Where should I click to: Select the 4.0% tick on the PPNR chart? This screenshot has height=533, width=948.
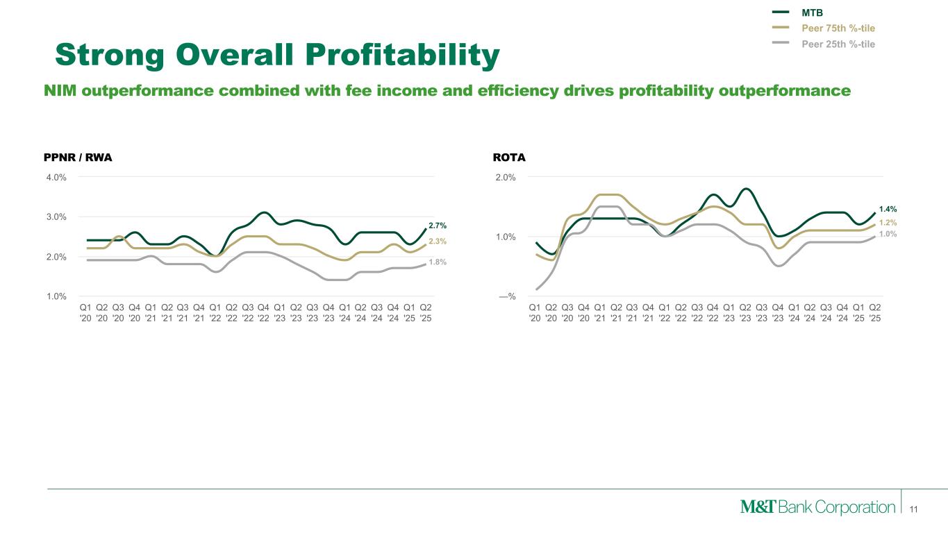click(x=56, y=177)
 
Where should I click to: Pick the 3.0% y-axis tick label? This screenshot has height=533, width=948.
click(x=56, y=217)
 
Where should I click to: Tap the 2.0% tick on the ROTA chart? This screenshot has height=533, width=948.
click(x=505, y=177)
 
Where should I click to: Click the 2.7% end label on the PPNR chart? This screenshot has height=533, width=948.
click(x=438, y=226)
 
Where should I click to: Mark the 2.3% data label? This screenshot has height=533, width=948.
click(x=438, y=242)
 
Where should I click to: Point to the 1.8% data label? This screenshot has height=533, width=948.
click(x=438, y=262)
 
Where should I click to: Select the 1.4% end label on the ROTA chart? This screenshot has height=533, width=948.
click(x=888, y=208)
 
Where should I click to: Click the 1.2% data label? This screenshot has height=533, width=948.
click(x=888, y=223)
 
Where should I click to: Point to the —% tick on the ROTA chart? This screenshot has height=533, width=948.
click(x=507, y=296)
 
